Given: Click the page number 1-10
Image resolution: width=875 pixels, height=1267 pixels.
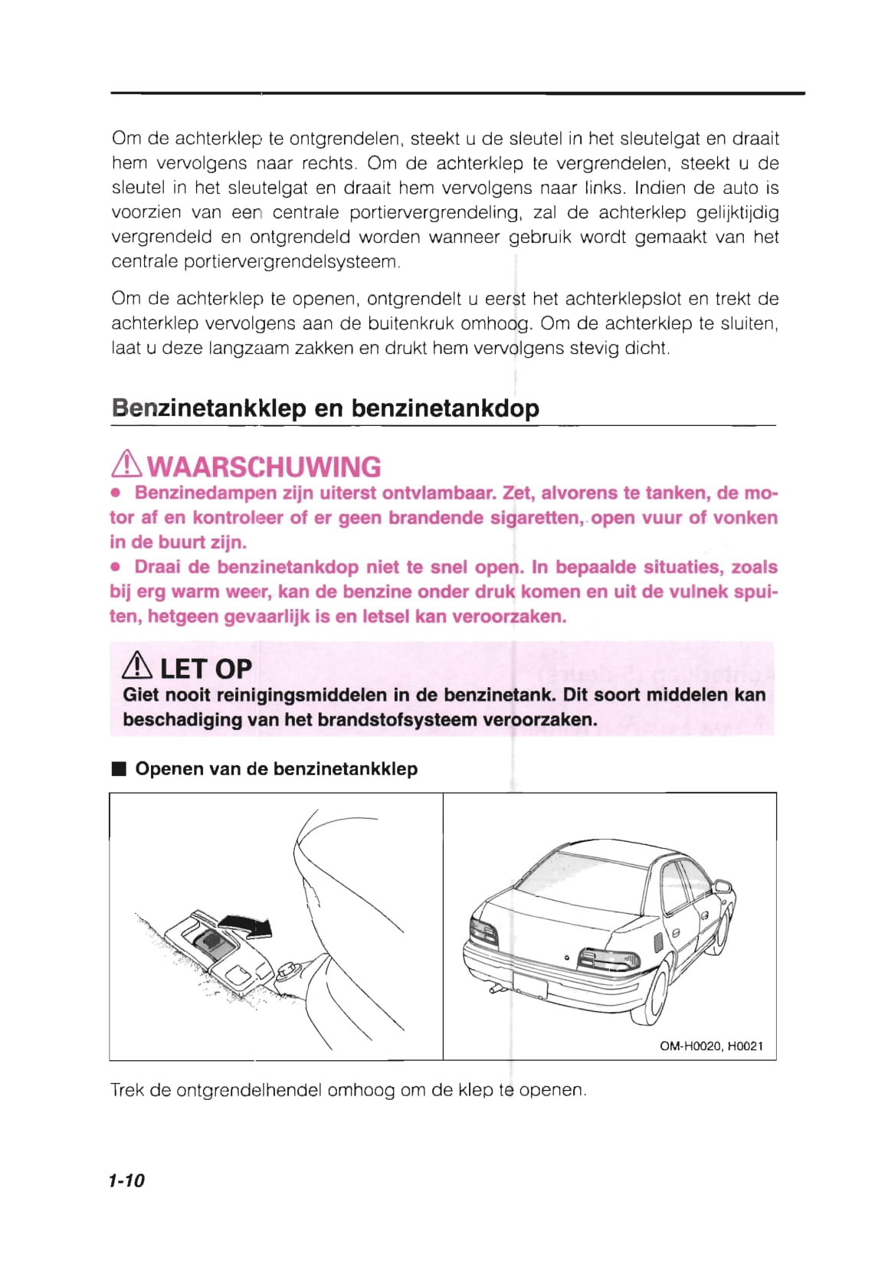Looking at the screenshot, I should [126, 1180].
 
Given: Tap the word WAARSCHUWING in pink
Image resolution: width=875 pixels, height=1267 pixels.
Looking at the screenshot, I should [264, 467].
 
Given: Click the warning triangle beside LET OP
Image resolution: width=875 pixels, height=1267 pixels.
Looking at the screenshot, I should [139, 668].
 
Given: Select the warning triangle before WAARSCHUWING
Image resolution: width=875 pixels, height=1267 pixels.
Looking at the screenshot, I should [127, 465].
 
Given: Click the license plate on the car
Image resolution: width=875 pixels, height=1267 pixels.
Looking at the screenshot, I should [530, 987].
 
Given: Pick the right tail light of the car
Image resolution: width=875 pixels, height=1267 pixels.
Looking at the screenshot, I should [608, 959].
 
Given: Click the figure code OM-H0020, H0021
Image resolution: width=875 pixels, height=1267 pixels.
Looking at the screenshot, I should [711, 1046].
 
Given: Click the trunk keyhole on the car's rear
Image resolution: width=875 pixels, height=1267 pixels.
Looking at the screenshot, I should [566, 958].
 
